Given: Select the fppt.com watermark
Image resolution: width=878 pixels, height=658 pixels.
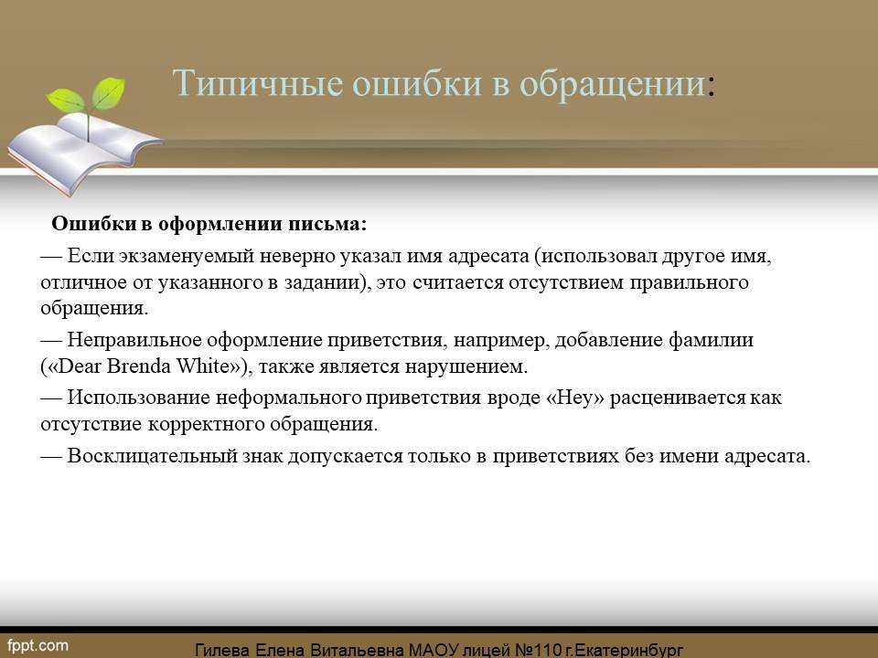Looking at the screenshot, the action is coord(37,646).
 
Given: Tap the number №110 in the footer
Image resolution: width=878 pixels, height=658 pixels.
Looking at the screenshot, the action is coord(538,650).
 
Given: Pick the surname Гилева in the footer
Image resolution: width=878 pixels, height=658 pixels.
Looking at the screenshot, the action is coord(222,650).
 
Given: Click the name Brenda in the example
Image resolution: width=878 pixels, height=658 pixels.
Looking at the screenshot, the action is coord(139,366).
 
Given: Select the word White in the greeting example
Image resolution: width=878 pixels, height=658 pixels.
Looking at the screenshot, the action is coord(203,366).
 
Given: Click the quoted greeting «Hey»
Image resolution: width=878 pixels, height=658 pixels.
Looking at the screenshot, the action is coord(575,398).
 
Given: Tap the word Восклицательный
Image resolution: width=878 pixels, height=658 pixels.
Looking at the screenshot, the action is coord(153,455).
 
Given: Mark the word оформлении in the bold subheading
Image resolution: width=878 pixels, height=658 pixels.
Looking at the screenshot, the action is coord(220,225).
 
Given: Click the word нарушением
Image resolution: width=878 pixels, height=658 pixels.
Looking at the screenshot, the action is coord(466,367).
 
